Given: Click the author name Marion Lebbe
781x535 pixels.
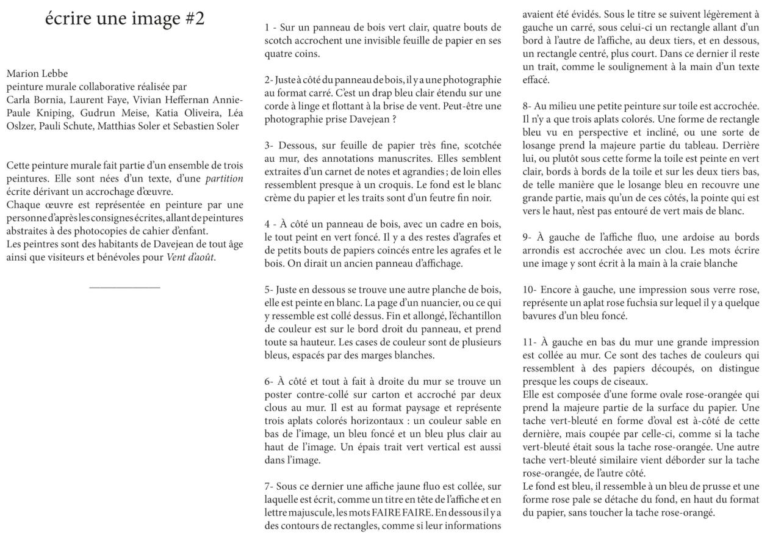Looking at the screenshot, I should [x=37, y=74].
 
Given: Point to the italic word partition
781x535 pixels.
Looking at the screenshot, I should [x=224, y=179].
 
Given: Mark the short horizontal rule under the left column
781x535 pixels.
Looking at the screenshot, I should [x=124, y=287].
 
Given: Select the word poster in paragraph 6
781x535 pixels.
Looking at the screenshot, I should [x=279, y=395].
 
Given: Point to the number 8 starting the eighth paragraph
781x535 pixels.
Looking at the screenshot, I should [x=525, y=106].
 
